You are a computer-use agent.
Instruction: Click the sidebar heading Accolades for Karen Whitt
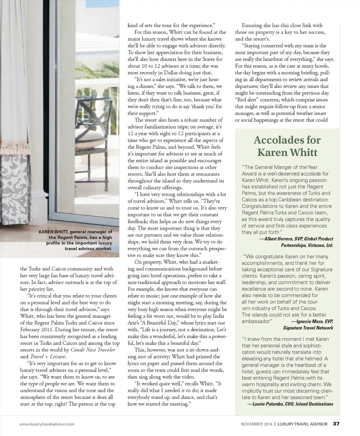(287, 146)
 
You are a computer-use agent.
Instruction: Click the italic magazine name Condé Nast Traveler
(93, 350)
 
